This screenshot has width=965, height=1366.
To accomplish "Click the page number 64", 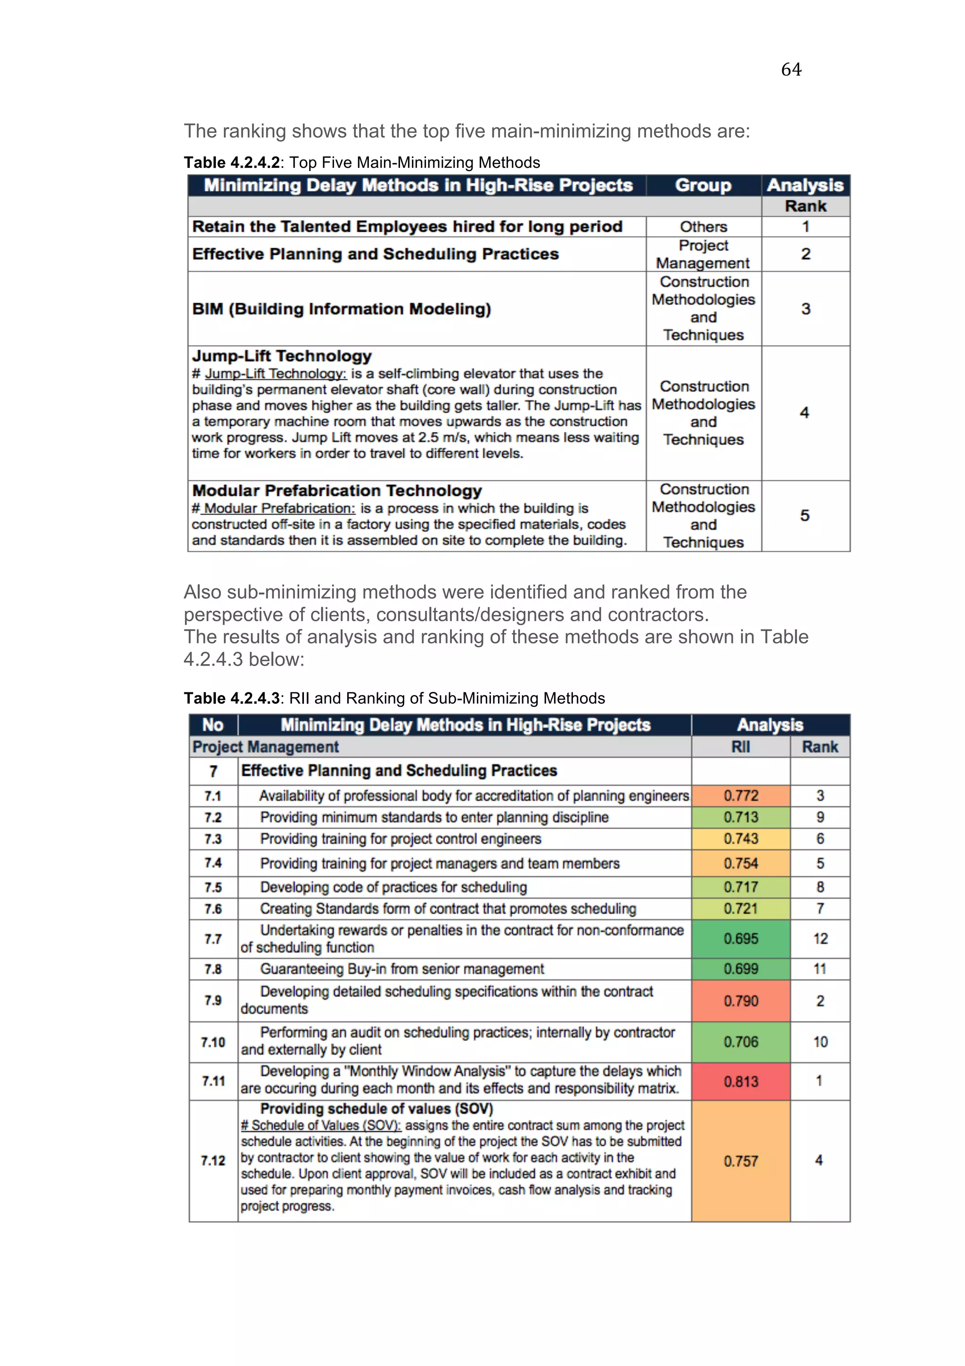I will [x=791, y=70].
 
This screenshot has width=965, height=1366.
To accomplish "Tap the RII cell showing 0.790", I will [x=740, y=1001].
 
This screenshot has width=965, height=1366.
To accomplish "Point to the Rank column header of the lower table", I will [x=819, y=747].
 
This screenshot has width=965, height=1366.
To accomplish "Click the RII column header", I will [x=740, y=747].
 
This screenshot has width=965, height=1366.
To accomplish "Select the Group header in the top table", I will [x=703, y=185].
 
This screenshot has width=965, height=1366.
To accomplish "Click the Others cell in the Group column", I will [x=703, y=227].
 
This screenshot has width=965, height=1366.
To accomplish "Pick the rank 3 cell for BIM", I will [x=805, y=309].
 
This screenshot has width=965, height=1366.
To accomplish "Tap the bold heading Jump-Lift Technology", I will [x=281, y=356].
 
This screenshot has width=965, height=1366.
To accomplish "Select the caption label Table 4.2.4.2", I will [x=231, y=163].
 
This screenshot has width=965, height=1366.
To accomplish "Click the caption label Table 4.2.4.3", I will [x=231, y=698].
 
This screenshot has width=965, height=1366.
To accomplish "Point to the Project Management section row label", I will [x=265, y=747].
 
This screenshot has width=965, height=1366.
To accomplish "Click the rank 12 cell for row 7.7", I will [x=820, y=939].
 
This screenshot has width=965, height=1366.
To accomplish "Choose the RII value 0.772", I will [x=740, y=796].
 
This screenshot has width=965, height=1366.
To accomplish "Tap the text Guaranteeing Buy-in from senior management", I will [x=402, y=969].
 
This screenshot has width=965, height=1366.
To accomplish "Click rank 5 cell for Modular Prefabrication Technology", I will [x=804, y=515].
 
